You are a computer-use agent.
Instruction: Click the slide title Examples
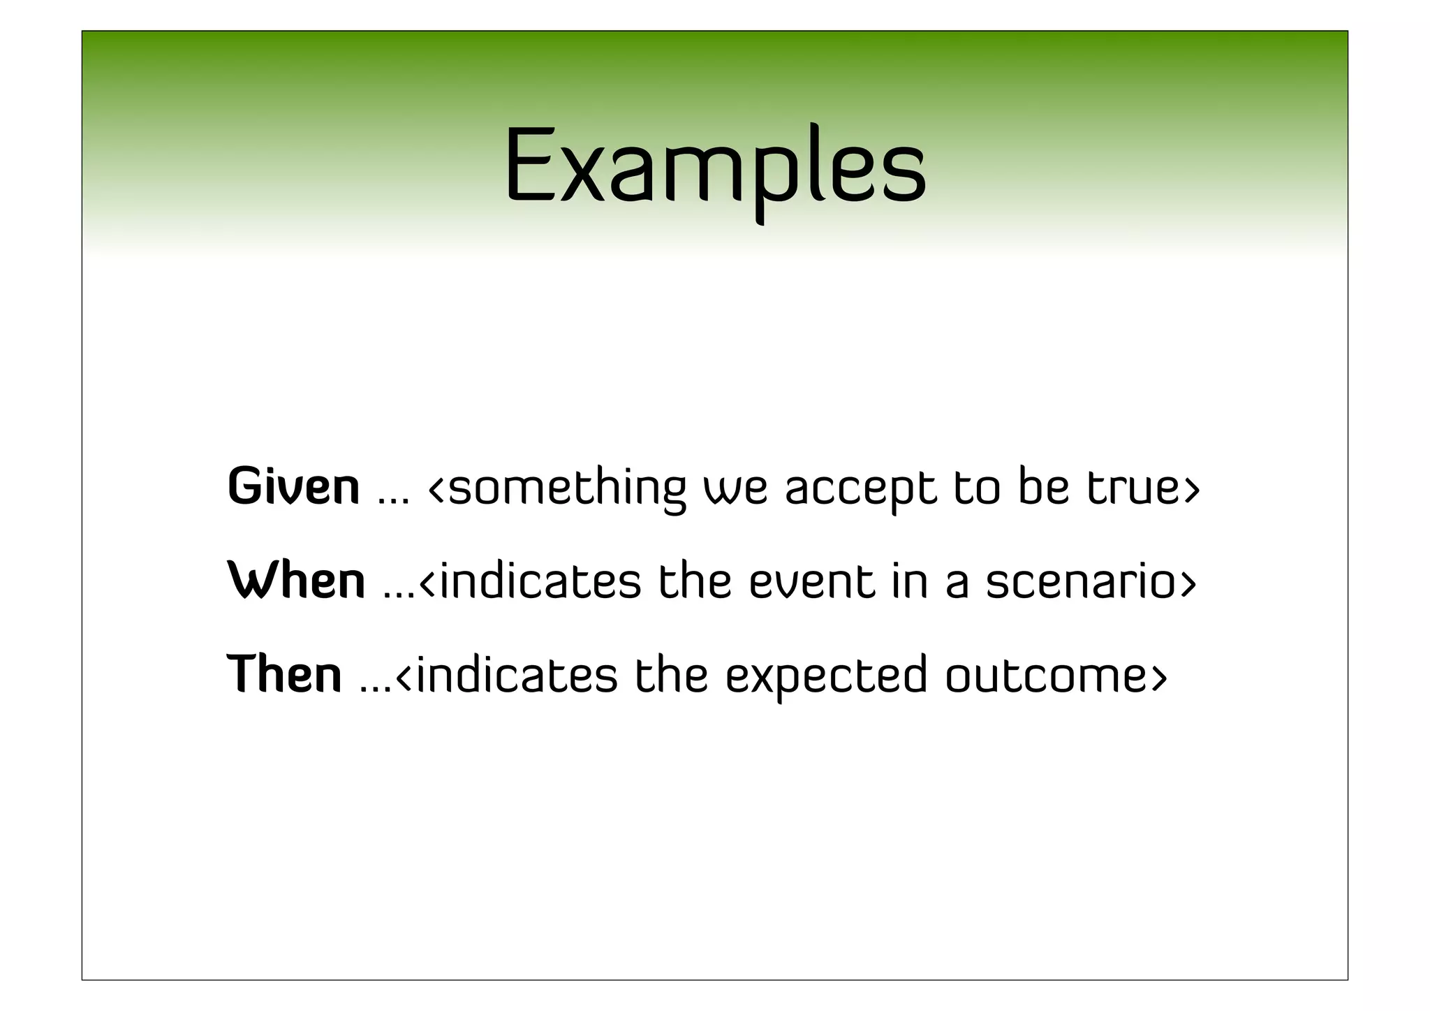point(715,168)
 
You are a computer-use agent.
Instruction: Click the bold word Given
point(293,486)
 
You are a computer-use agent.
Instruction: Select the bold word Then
point(284,674)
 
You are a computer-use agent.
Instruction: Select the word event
point(811,581)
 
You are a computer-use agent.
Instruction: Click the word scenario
point(1082,582)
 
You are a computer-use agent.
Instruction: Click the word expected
point(826,676)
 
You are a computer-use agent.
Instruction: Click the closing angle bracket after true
point(1191,489)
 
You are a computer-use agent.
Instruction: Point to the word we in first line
point(735,488)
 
